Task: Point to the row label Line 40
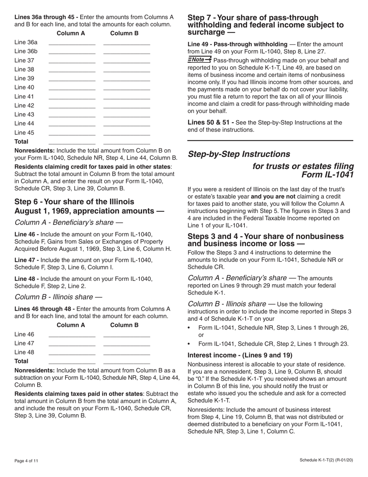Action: [x=24, y=88]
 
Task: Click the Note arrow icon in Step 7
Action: [x=199, y=59]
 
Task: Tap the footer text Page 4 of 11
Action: [x=26, y=461]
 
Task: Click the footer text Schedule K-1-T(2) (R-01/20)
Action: [x=326, y=460]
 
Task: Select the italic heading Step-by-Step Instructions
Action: [x=239, y=154]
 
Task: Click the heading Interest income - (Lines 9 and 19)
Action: [x=240, y=355]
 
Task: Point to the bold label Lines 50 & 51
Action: [x=210, y=123]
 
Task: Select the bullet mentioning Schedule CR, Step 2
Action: [x=273, y=344]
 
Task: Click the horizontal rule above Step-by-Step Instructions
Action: [x=270, y=140]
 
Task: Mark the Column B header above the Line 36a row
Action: [x=124, y=33]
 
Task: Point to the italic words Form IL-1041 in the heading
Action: [x=327, y=175]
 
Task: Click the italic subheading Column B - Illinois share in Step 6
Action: [x=58, y=297]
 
